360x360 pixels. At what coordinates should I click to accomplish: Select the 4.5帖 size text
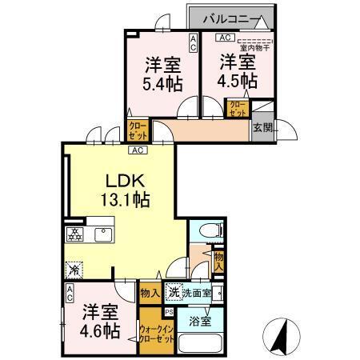[x=238, y=81]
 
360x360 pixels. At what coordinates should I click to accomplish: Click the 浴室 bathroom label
[x=200, y=322]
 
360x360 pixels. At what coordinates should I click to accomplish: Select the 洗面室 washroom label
[x=196, y=294]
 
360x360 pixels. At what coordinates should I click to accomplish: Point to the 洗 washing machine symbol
[x=174, y=293]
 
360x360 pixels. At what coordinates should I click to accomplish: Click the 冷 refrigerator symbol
[x=74, y=269]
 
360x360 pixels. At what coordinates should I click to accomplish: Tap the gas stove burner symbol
[x=74, y=234]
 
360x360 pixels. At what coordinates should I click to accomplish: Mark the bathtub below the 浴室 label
[x=200, y=345]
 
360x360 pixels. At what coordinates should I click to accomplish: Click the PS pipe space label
[x=169, y=312]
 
